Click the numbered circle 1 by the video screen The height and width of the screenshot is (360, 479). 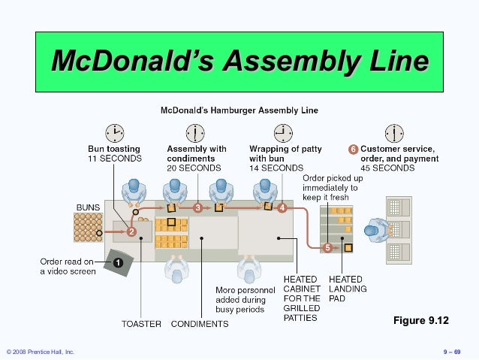(118, 262)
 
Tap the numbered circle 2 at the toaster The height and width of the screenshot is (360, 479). (131, 232)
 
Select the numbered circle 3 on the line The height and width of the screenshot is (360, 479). (197, 207)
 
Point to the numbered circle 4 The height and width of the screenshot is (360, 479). (282, 207)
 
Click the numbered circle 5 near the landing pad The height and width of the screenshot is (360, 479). (327, 247)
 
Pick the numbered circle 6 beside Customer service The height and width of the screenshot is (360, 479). (353, 149)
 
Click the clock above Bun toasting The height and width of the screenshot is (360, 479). (114, 133)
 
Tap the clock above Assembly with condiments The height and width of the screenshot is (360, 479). (194, 133)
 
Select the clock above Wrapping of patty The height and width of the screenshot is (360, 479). (284, 133)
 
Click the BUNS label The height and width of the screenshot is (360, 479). (89, 206)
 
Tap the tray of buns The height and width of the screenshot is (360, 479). (89, 227)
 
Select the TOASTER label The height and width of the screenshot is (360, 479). (141, 324)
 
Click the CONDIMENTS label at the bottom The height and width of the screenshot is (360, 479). (200, 324)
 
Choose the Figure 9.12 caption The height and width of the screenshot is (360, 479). (420, 321)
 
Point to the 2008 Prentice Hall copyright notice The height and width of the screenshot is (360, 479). (41, 352)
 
